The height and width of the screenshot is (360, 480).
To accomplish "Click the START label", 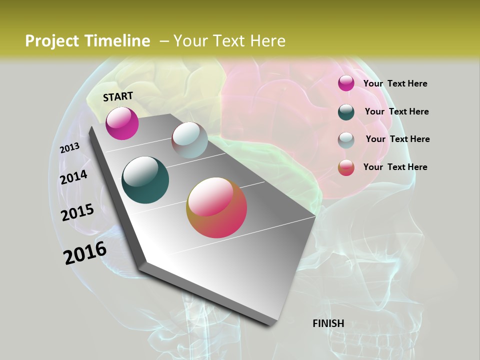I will click(x=118, y=96).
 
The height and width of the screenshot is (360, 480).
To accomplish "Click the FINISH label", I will click(x=328, y=323).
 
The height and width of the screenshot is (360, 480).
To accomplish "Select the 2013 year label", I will click(x=69, y=148).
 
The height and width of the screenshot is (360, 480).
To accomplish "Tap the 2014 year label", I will click(x=74, y=177).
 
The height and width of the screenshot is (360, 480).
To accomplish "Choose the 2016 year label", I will click(x=85, y=253).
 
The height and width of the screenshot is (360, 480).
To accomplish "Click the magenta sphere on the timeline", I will click(x=122, y=123).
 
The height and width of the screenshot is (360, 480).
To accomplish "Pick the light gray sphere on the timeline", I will click(x=189, y=140).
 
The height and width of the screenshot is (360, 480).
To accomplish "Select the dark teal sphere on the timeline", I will click(x=145, y=180).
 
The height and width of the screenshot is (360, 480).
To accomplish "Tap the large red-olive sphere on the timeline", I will click(x=216, y=207).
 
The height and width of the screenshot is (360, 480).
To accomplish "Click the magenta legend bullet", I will click(x=346, y=83).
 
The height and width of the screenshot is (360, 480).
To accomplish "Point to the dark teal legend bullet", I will click(x=346, y=112).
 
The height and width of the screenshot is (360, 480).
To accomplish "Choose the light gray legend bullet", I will click(x=346, y=140).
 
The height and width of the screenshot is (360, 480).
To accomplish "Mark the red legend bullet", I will click(x=346, y=167).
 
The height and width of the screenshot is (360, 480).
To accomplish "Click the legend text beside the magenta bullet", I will click(x=395, y=84).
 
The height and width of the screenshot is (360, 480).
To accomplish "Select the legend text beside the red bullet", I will click(x=395, y=167).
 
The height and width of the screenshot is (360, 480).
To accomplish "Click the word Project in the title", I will click(x=51, y=41).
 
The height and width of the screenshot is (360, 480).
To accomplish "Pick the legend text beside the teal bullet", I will click(x=396, y=111).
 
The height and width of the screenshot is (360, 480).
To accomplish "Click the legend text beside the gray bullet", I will click(x=397, y=139).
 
